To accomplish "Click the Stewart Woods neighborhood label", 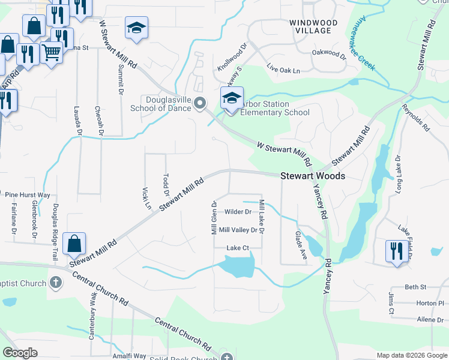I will tap(312, 176).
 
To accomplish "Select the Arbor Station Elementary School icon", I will tap(231, 99).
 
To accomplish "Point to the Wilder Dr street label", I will tap(238, 212).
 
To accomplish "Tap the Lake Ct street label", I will tap(237, 248).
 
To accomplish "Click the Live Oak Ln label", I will tap(283, 70).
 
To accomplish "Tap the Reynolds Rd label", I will tap(416, 118).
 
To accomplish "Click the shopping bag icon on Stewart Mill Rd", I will tap(74, 244).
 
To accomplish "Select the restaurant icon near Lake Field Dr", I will tap(396, 250).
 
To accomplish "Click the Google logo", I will tap(20, 353).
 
